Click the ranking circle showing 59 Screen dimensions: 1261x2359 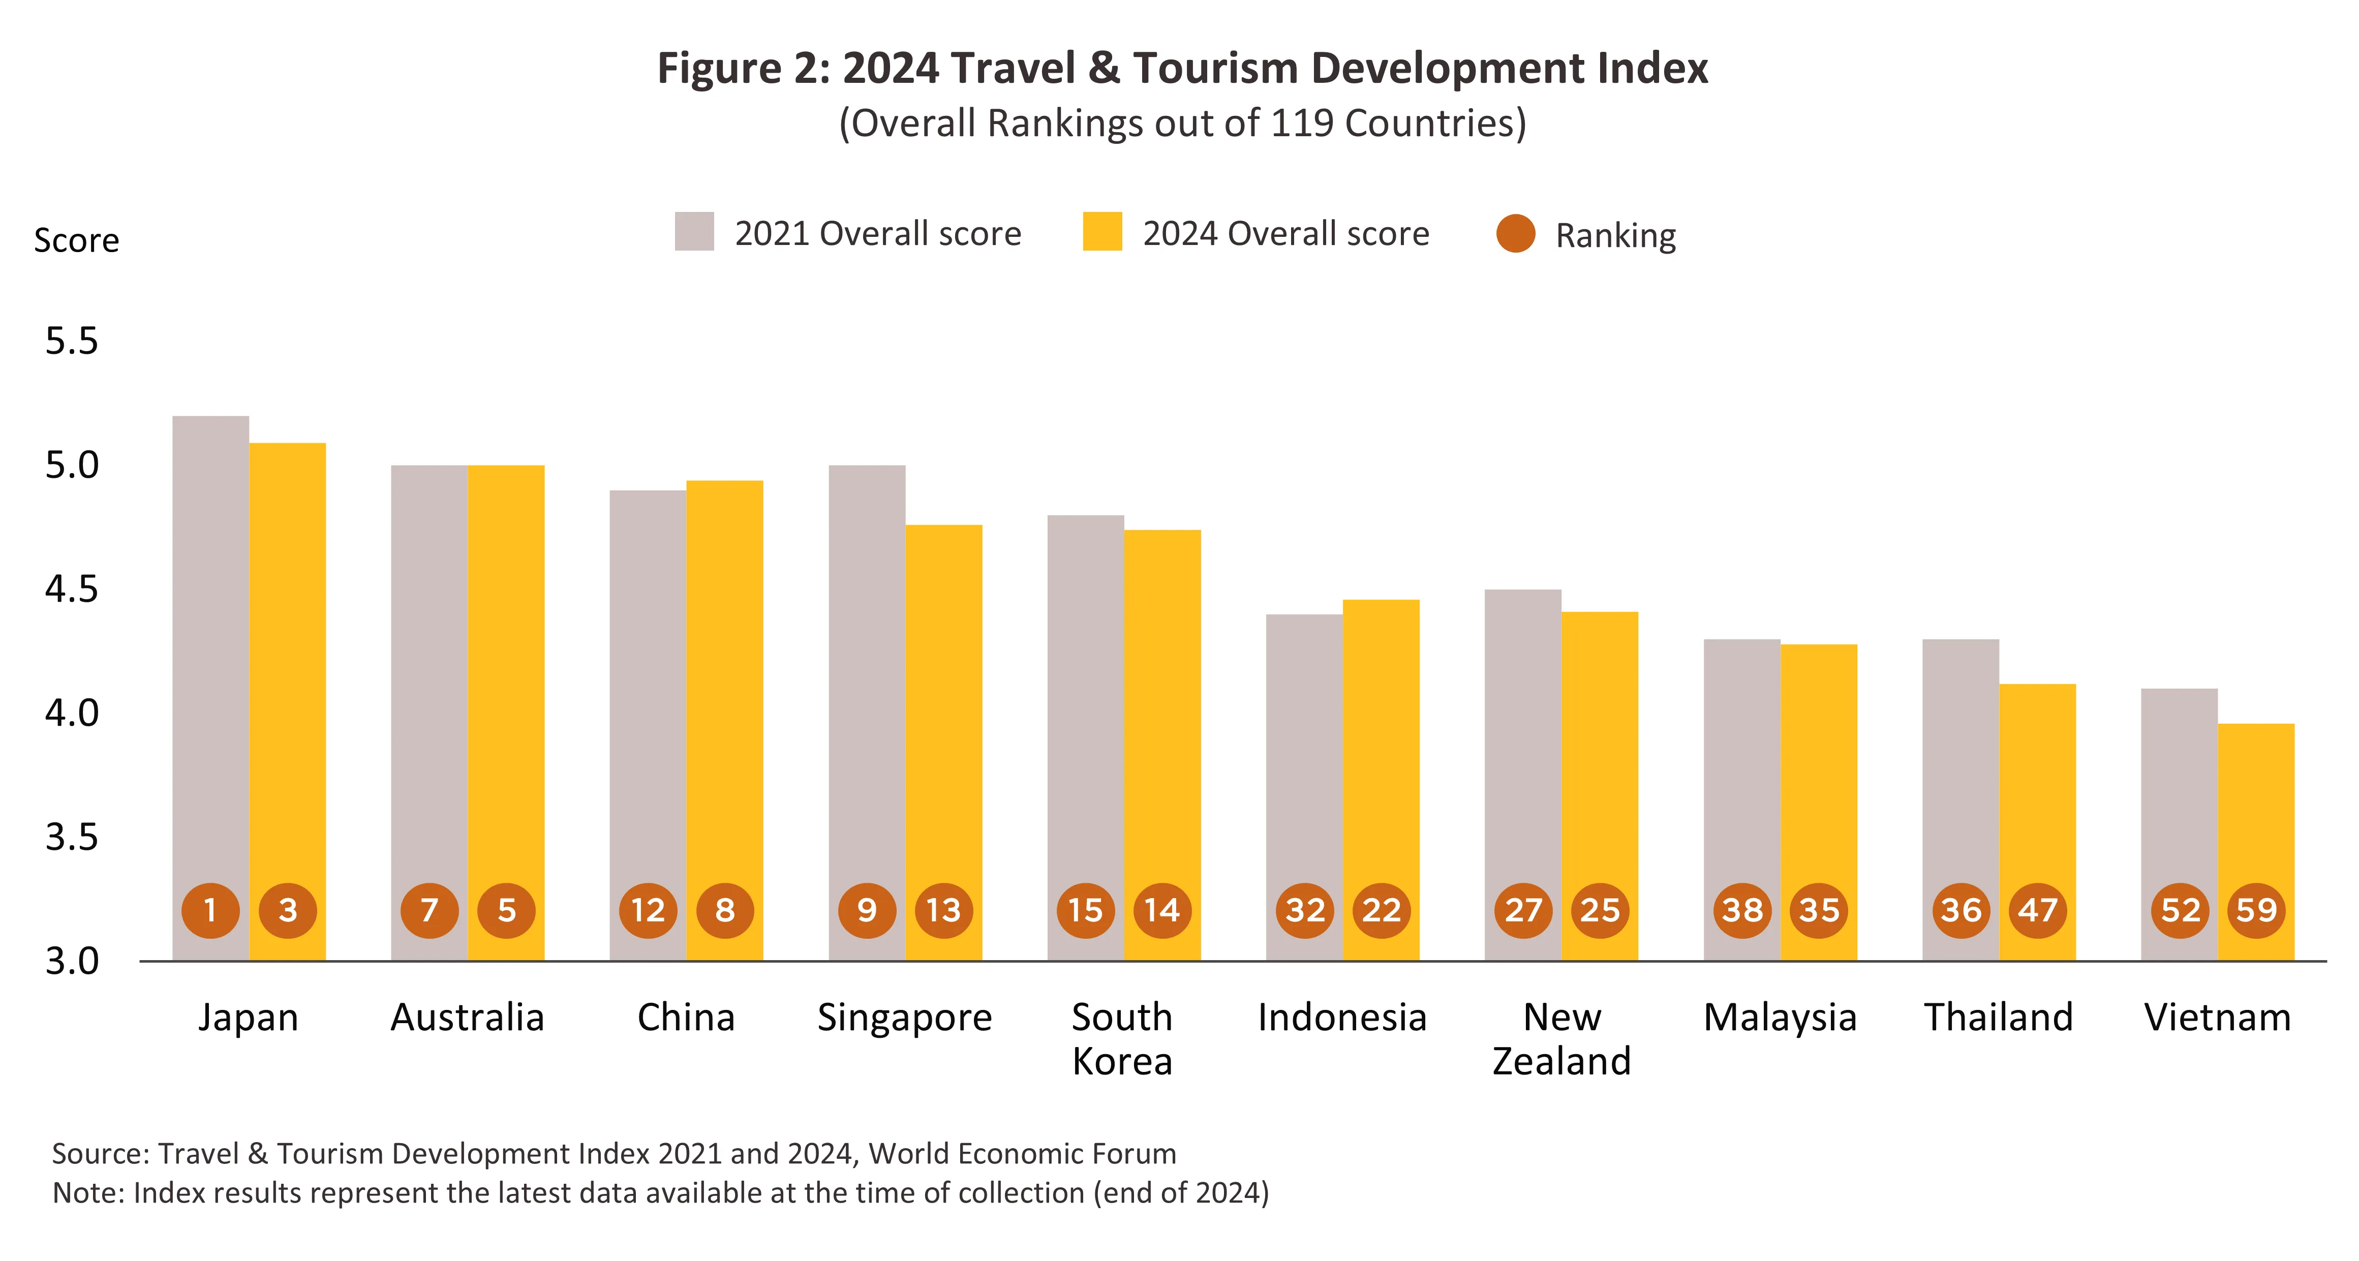[2255, 910]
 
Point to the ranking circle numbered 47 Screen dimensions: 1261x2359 [2038, 910]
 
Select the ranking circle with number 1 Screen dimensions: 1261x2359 [210, 910]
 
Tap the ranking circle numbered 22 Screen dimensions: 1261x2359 [1381, 910]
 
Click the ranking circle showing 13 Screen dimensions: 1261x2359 [943, 910]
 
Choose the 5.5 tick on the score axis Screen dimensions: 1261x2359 [72, 342]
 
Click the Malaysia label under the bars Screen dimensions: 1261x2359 [1780, 1018]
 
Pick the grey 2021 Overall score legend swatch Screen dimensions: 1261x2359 [694, 232]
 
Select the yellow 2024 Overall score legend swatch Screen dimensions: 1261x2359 [1101, 232]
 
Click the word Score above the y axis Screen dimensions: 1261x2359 [77, 240]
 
